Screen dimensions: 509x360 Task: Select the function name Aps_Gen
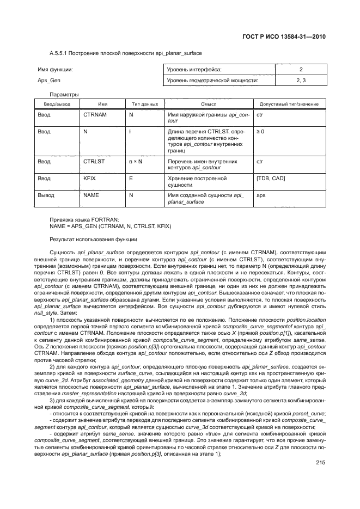coord(48,81)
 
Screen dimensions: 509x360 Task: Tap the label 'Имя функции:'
coord(55,70)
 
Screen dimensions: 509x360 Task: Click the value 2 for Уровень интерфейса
coord(301,70)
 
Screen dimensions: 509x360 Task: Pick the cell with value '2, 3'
coord(301,81)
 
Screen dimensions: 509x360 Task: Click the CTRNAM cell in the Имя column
coord(94,115)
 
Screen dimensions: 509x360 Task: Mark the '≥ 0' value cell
coord(260,132)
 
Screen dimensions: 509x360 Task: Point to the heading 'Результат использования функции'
coord(94,240)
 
